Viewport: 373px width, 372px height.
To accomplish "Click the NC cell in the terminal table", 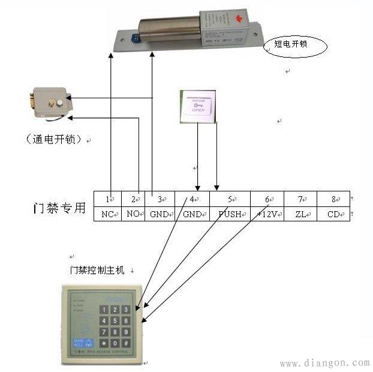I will pos(108,214).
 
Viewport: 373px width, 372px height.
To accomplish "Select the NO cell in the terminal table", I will pos(133,214).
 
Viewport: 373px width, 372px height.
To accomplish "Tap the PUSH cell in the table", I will pos(229,214).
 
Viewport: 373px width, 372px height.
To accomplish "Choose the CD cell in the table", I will pos(333,214).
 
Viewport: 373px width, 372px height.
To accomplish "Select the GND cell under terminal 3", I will pos(159,214).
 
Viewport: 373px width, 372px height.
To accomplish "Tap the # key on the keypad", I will pos(126,343).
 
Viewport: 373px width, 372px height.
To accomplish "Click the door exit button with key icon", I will pos(197,107).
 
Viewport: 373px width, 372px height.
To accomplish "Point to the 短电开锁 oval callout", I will pos(295,46).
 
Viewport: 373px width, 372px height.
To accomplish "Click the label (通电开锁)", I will pos(53,139).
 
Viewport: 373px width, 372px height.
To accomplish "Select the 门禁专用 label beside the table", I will pos(59,208).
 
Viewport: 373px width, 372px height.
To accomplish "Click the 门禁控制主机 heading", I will pos(97,271).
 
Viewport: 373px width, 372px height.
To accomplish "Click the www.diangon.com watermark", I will pos(324,363).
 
